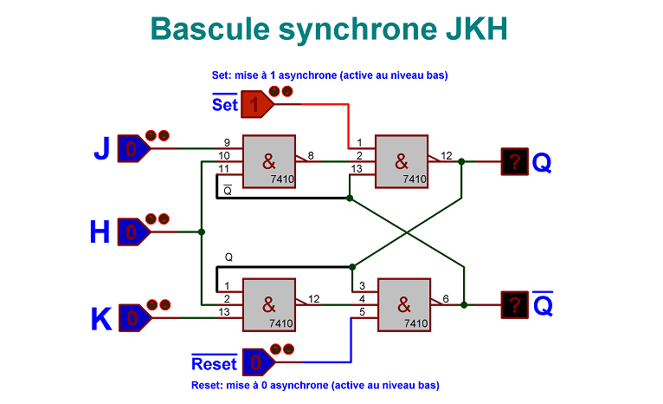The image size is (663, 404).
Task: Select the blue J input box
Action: (131, 149)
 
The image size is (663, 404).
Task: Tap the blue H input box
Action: (131, 231)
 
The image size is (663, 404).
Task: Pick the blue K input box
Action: (131, 318)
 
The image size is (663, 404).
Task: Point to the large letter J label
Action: (101, 149)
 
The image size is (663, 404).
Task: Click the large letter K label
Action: (101, 319)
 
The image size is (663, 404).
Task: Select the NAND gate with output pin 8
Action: (268, 161)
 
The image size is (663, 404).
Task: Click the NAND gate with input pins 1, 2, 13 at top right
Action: (401, 161)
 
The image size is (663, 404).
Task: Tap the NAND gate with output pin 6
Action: (403, 304)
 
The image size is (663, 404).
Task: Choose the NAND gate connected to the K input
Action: (268, 304)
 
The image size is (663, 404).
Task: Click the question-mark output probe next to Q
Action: (516, 161)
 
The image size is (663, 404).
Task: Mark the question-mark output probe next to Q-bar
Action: (516, 304)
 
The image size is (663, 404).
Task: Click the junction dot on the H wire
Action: (202, 231)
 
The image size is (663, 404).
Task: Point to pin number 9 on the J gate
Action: (226, 142)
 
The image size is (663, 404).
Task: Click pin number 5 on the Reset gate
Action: (362, 311)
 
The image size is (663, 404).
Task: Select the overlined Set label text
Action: (225, 105)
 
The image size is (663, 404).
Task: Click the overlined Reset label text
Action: (214, 363)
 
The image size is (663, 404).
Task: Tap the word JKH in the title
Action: (468, 29)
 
